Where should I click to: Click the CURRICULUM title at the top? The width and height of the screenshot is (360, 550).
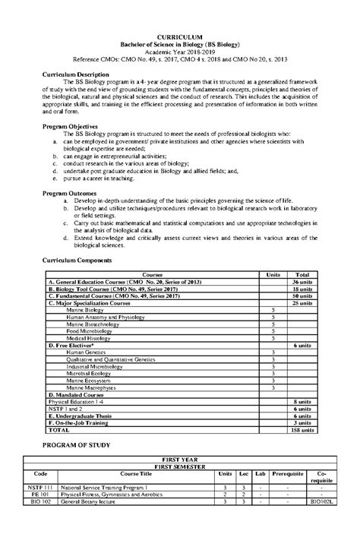click(179, 36)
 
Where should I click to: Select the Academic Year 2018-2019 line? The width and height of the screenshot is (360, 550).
click(179, 52)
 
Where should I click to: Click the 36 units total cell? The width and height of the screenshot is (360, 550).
click(302, 282)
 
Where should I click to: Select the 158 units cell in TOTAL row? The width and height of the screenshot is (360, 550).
click(302, 429)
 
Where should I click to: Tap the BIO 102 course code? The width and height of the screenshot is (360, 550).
click(41, 523)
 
